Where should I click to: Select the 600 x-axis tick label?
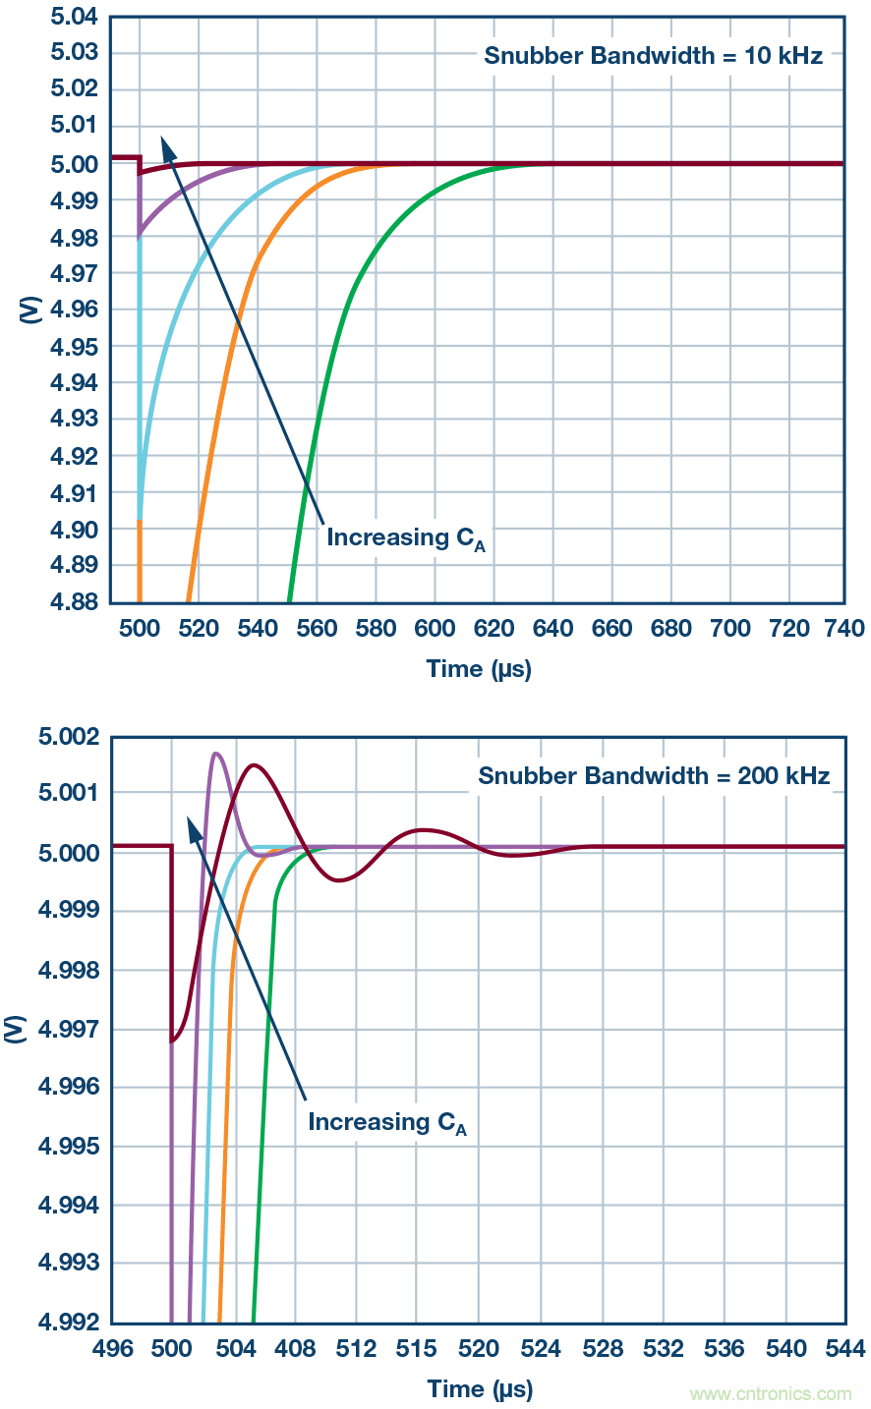pyautogui.click(x=435, y=629)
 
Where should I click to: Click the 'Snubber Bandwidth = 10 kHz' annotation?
pyautogui.click(x=653, y=55)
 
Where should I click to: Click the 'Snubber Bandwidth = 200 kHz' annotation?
pyautogui.click(x=654, y=776)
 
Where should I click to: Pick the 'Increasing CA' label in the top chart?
pyautogui.click(x=405, y=538)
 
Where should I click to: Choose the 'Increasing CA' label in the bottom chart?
pyautogui.click(x=386, y=1123)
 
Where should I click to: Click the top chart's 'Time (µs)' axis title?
pyautogui.click(x=479, y=669)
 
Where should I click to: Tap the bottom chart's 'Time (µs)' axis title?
pyautogui.click(x=480, y=1389)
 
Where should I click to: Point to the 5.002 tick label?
pyautogui.click(x=69, y=737)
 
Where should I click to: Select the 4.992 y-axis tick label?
pyautogui.click(x=69, y=1322)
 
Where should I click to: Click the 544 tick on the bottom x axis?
pyautogui.click(x=845, y=1349)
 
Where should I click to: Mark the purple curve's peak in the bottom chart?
pyautogui.click(x=215, y=754)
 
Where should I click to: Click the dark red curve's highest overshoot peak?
pyautogui.click(x=255, y=764)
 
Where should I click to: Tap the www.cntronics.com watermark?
pyautogui.click(x=771, y=1393)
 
